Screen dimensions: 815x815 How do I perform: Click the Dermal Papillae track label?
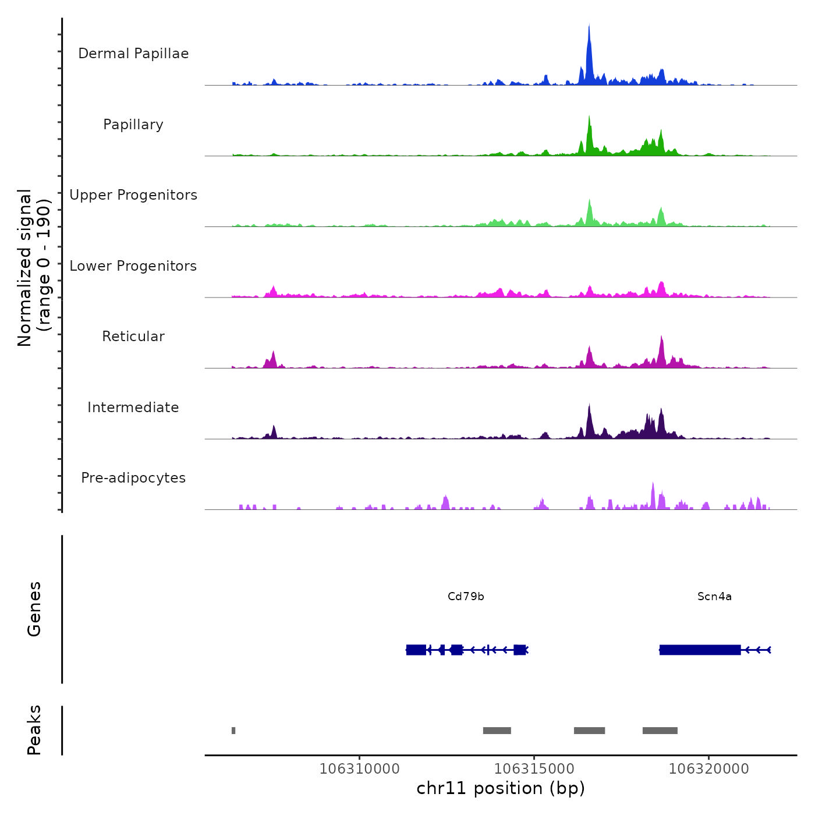pyautogui.click(x=133, y=54)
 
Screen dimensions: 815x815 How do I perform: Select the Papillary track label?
pyautogui.click(x=133, y=125)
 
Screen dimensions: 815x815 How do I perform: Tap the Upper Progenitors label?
pyautogui.click(x=133, y=195)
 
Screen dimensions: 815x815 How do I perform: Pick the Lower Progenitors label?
pyautogui.click(x=133, y=266)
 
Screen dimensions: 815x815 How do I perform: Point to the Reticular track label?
pyautogui.click(x=133, y=336)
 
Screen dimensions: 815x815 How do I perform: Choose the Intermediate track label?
pyautogui.click(x=133, y=408)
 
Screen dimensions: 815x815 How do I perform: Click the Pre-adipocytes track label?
pyautogui.click(x=133, y=478)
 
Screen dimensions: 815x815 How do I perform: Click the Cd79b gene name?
pyautogui.click(x=466, y=596)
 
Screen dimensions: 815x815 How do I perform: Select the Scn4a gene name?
pyautogui.click(x=714, y=596)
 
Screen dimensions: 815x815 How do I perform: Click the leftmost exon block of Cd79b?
pyautogui.click(x=416, y=650)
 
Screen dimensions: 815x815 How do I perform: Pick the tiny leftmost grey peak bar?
pyautogui.click(x=233, y=731)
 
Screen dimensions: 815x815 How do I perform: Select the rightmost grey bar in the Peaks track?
pyautogui.click(x=660, y=731)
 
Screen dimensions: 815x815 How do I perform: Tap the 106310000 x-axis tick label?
pyautogui.click(x=359, y=769)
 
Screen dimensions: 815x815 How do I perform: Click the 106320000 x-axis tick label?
pyautogui.click(x=708, y=769)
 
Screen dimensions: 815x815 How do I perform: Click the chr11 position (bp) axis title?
pyautogui.click(x=501, y=788)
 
